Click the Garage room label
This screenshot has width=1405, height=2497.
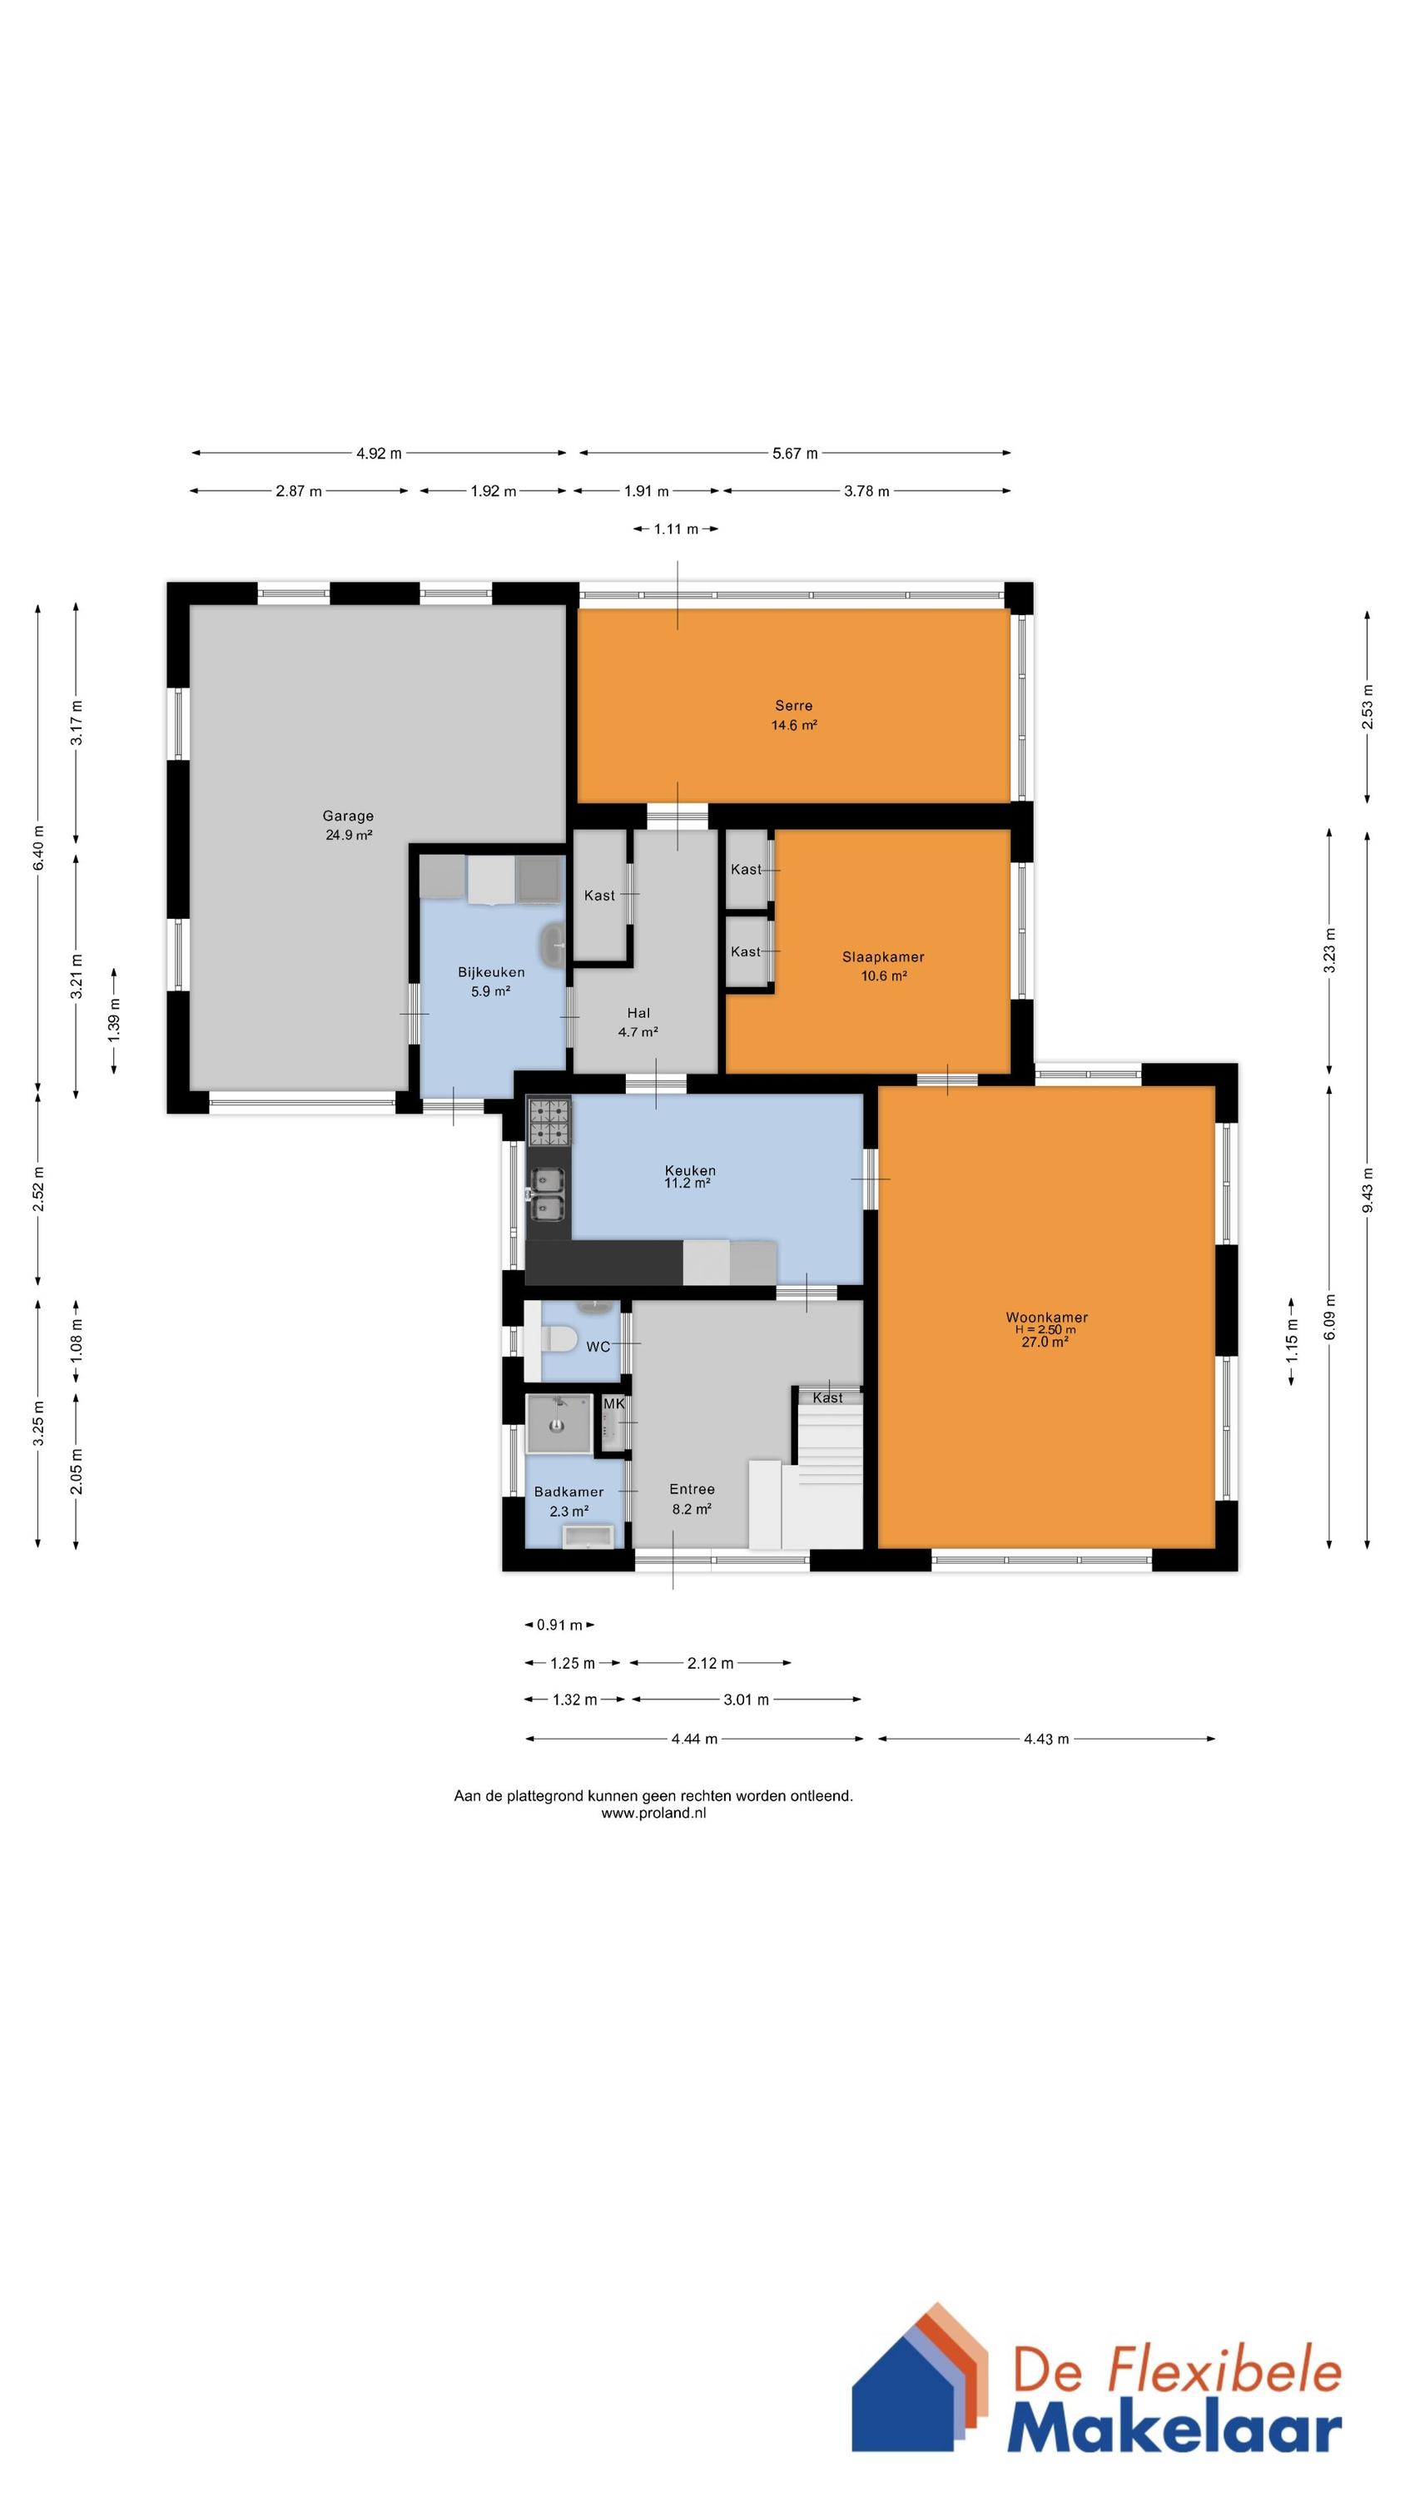(348, 817)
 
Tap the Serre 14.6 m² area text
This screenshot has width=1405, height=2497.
(794, 725)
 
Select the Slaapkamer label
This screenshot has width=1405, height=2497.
(883, 956)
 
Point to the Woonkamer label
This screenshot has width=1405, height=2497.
(1046, 1318)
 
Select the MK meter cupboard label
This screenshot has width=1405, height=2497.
(613, 1403)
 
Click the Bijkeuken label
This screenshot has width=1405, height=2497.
(492, 972)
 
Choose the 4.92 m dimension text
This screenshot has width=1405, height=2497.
(379, 453)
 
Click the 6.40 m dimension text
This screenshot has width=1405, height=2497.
(39, 847)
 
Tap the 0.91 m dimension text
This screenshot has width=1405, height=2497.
(560, 1625)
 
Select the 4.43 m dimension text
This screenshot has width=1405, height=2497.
(1046, 1739)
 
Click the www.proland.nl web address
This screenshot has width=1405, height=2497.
(653, 1813)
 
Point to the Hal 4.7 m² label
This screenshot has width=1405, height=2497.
(638, 1023)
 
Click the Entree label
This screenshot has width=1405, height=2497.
(693, 1489)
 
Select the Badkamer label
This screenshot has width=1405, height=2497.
(569, 1492)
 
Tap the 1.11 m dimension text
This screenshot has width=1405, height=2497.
(676, 529)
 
